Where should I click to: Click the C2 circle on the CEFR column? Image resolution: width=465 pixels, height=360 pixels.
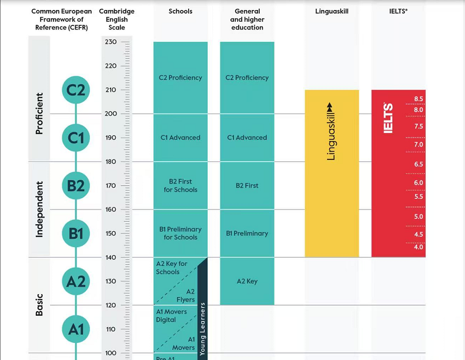[76, 90]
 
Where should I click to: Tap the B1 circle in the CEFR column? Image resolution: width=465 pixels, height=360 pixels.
[76, 234]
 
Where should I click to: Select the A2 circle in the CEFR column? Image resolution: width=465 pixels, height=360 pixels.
[76, 282]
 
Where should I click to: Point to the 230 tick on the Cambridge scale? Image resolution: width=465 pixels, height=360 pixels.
[111, 42]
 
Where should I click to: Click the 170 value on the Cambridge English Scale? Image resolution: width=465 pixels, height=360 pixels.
[111, 185]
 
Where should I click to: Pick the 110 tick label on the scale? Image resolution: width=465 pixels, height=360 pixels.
[111, 329]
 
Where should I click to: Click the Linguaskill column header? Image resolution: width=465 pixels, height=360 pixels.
[332, 11]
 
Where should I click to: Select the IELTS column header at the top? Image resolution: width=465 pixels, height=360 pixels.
[398, 11]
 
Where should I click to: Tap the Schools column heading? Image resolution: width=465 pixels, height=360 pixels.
[180, 11]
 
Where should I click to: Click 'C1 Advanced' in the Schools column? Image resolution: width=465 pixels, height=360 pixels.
[180, 138]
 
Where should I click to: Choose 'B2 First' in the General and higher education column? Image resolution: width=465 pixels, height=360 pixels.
[247, 186]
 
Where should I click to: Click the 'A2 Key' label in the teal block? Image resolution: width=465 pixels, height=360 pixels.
[247, 281]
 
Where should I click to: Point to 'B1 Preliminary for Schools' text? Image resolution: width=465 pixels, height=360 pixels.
[180, 233]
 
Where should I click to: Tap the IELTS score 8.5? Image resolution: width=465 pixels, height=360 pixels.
[419, 99]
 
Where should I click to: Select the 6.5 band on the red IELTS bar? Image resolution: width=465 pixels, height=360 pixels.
[419, 164]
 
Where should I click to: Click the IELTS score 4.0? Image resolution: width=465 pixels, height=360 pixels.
[419, 247]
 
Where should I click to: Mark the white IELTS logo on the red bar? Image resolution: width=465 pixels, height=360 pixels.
[388, 118]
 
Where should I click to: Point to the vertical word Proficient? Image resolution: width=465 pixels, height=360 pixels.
[39, 114]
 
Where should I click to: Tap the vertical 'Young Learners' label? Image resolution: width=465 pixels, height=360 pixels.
[202, 329]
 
